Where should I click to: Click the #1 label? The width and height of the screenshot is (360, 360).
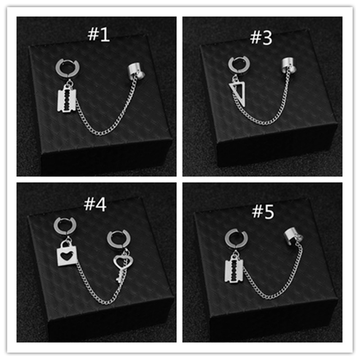click(99, 35)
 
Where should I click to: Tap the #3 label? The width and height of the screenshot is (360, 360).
click(261, 38)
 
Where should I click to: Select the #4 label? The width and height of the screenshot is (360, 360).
click(95, 204)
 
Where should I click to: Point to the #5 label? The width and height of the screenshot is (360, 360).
click(263, 211)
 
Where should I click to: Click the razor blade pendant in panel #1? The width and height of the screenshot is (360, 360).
click(66, 99)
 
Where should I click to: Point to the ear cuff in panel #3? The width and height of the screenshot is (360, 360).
click(289, 65)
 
